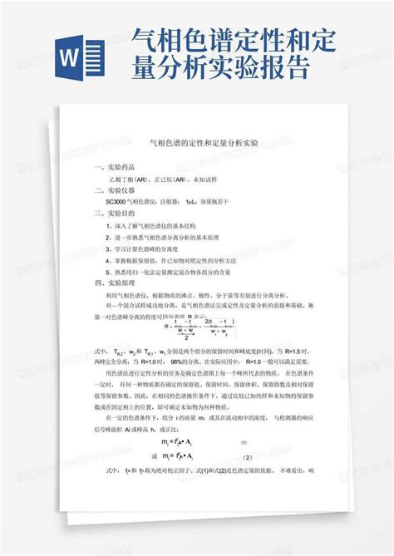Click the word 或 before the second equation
pos(155,457)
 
